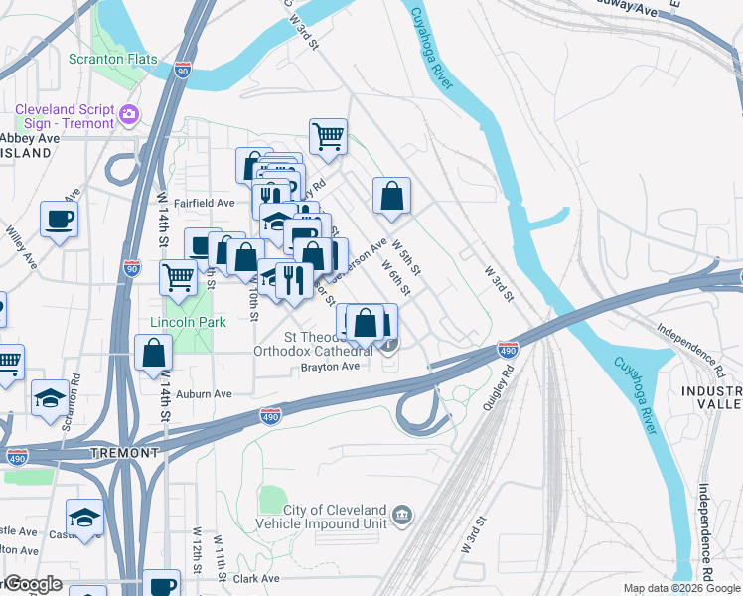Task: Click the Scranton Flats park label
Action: (x=112, y=59)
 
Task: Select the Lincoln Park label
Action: (x=188, y=322)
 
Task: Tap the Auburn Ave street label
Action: (x=204, y=394)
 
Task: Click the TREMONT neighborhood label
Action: (x=124, y=452)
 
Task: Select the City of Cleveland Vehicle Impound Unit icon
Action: (x=402, y=515)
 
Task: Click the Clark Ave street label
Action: (x=258, y=578)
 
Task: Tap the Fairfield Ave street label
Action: (x=204, y=203)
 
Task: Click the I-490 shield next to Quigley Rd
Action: (x=507, y=349)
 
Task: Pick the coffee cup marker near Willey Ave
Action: (x=59, y=218)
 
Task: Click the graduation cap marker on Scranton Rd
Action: (x=50, y=397)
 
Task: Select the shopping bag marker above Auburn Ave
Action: (x=155, y=353)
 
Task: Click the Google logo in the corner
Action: (x=32, y=585)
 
